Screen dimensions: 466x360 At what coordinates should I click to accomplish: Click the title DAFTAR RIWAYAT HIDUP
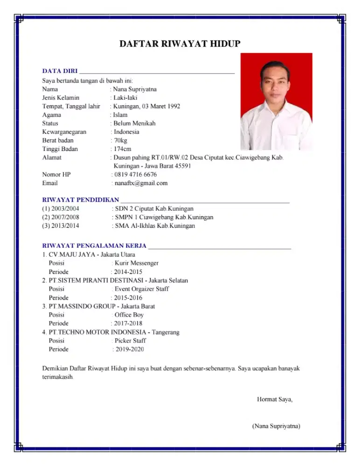pos(180,44)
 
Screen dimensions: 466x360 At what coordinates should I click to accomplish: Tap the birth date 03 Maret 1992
pos(161,106)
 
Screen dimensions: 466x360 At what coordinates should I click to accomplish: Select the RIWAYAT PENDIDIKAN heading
pos(81,200)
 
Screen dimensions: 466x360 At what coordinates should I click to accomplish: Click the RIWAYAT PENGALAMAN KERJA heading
pos(94,245)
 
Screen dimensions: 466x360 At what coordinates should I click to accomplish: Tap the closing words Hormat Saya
pos(275,399)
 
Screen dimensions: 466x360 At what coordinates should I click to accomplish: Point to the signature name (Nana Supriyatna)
pos(276,426)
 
